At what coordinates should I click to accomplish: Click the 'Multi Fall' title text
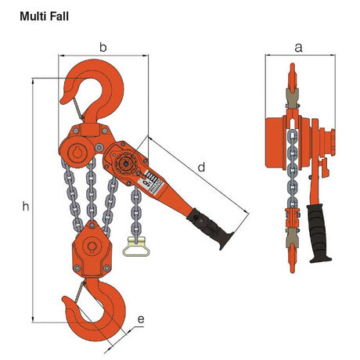click(46, 15)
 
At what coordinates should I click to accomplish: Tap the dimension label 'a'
click(298, 47)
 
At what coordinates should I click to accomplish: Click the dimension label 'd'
click(201, 167)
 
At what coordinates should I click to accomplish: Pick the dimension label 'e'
click(140, 320)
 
